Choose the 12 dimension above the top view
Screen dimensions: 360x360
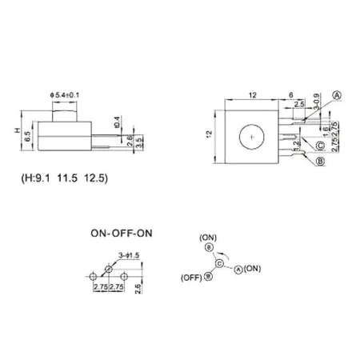pyautogui.click(x=252, y=95)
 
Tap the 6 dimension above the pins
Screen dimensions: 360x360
pyautogui.click(x=292, y=95)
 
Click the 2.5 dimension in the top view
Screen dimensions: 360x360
pyautogui.click(x=298, y=105)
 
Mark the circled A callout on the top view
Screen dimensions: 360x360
pyautogui.click(x=338, y=95)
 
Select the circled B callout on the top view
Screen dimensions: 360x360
pyautogui.click(x=320, y=161)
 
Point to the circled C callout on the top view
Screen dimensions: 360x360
pyautogui.click(x=320, y=146)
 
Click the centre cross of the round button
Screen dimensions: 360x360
pyautogui.click(x=253, y=137)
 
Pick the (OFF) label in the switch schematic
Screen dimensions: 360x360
pyautogui.click(x=190, y=279)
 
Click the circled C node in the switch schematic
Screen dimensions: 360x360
pyautogui.click(x=218, y=262)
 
